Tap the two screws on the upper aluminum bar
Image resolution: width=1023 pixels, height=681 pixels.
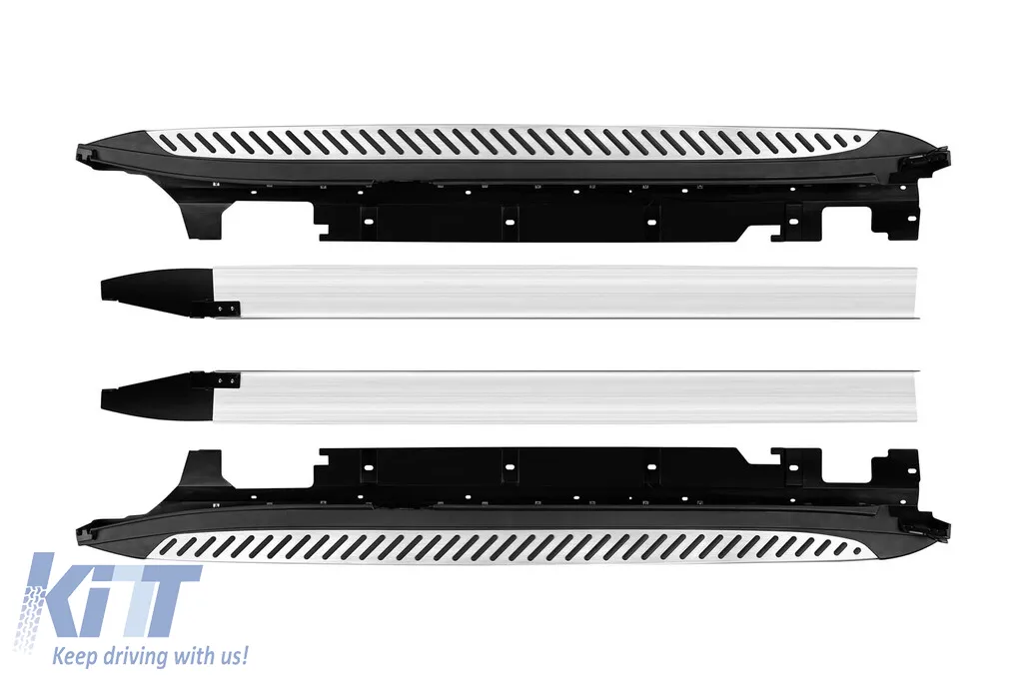click(x=226, y=307)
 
